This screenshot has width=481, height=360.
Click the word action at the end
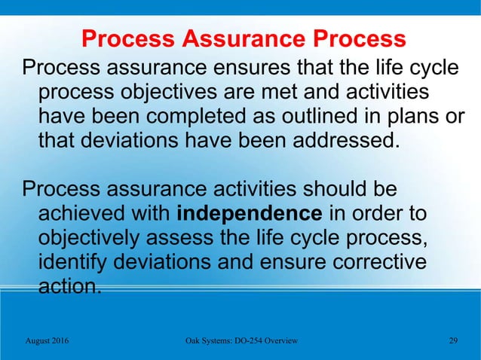coord(69,286)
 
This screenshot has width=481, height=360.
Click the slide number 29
coord(452,341)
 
